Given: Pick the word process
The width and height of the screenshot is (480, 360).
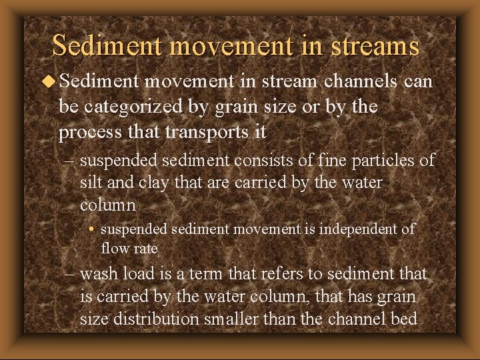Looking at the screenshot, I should (x=87, y=131).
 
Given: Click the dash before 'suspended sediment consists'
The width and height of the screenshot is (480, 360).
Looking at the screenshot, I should (x=72, y=161).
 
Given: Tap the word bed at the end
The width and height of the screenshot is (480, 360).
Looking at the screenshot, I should (x=404, y=319).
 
